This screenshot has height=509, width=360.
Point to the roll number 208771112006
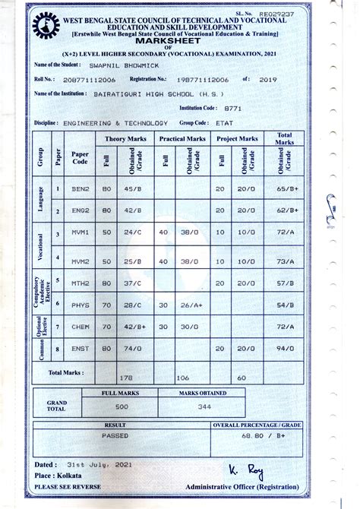point(90,78)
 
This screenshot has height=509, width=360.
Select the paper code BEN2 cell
point(81,188)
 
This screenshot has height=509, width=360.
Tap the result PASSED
point(115,437)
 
